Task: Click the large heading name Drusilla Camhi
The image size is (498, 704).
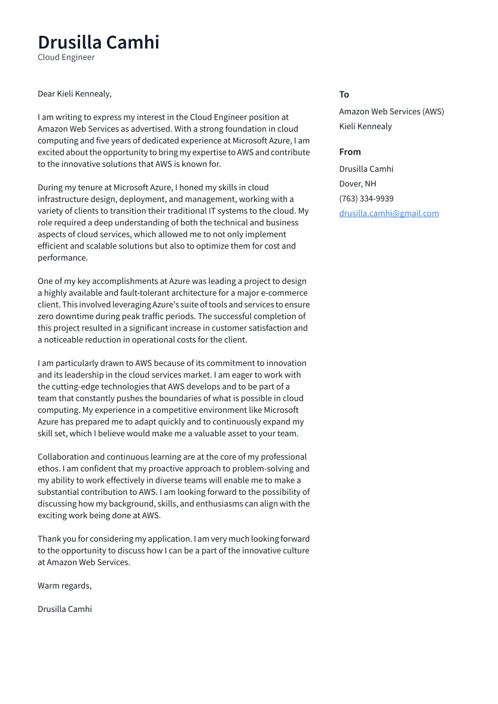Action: pos(99,42)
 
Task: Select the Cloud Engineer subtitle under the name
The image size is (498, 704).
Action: pos(66,57)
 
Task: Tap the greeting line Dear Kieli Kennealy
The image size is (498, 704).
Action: pos(74,94)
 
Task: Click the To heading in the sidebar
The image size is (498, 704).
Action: pos(344,94)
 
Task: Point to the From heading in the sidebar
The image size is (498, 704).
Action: pos(350,152)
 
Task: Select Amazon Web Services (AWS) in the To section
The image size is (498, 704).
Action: pos(391,111)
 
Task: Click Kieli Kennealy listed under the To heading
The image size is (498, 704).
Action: pos(365,126)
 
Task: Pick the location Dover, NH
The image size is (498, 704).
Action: pos(358,183)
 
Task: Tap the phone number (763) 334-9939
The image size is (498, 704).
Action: pos(366,198)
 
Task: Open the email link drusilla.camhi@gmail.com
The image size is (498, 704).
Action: pos(389,213)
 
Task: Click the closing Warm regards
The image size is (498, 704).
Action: pos(65,586)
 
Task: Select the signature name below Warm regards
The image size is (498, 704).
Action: pos(65,609)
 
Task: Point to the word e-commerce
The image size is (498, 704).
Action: pos(286,293)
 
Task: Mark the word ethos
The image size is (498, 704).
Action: pos(48,469)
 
